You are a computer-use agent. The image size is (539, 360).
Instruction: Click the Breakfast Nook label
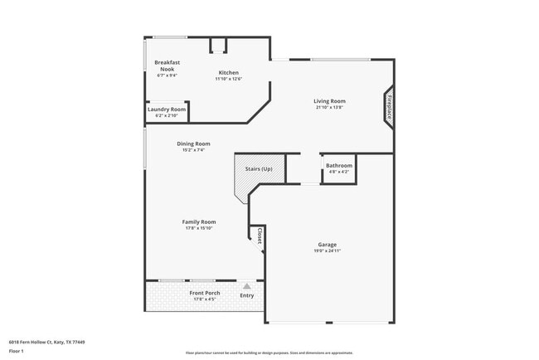[x=168, y=66]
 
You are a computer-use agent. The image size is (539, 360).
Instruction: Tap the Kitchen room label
[x=229, y=72]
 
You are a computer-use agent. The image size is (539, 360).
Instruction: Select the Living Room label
[x=329, y=101]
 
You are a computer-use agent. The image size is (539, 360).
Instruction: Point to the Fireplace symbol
[x=388, y=107]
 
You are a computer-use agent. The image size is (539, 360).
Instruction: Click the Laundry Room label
[x=167, y=109]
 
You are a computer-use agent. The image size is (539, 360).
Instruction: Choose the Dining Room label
[x=192, y=144]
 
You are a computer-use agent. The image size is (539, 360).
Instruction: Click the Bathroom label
[x=338, y=165]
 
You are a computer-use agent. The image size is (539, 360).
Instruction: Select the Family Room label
[x=199, y=221]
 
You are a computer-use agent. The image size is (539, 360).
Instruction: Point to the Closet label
[x=260, y=236]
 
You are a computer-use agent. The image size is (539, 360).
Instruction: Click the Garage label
[x=327, y=245]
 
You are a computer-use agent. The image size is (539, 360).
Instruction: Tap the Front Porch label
[x=203, y=293]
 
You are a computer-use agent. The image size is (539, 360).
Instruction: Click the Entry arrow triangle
[x=246, y=286]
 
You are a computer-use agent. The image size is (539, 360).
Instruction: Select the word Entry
[x=247, y=295]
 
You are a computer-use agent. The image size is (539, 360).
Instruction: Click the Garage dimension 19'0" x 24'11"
[x=327, y=251]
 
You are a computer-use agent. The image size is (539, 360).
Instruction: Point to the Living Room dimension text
[x=329, y=107]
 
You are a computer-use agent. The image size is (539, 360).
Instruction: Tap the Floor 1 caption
[x=16, y=351]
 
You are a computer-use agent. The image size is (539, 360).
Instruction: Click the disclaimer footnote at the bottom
[x=269, y=354]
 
